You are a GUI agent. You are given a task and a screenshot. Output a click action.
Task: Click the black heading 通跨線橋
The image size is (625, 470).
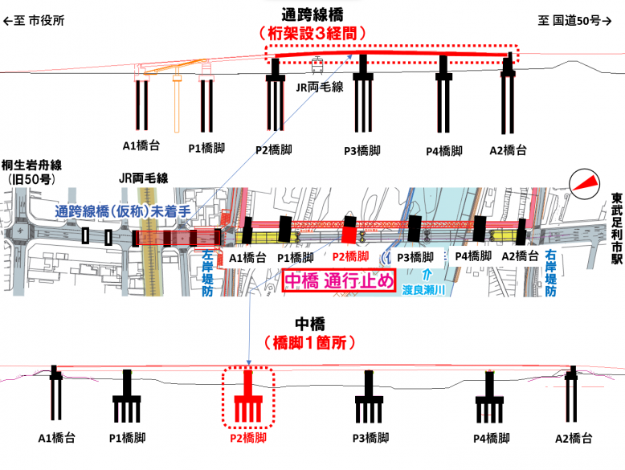pyautogui.click(x=312, y=14)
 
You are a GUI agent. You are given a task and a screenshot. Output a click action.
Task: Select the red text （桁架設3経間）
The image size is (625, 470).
pyautogui.click(x=312, y=34)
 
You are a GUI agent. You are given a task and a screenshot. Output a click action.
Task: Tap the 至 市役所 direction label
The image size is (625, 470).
pyautogui.click(x=34, y=20)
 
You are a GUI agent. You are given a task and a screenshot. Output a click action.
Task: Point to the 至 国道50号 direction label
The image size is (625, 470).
pyautogui.click(x=574, y=20)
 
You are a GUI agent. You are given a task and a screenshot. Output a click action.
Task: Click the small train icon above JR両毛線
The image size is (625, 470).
pyautogui.click(x=317, y=65)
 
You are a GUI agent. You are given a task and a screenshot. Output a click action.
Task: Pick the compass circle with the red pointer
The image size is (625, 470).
pyautogui.click(x=584, y=184)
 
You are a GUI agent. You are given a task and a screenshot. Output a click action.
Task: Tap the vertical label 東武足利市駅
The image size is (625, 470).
pyautogui.click(x=617, y=229)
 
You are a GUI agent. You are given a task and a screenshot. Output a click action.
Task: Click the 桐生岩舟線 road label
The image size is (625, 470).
pyautogui.click(x=31, y=166)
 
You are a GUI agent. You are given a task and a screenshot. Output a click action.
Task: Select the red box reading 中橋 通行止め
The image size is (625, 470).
pyautogui.click(x=339, y=281)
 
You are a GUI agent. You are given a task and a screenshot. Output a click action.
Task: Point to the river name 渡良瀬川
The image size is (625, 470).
pyautogui.click(x=423, y=290)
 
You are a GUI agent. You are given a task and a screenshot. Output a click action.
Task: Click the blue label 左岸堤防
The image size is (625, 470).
pyautogui.click(x=207, y=273)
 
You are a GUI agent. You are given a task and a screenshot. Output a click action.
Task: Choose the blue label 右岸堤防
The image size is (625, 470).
pyautogui.click(x=550, y=273)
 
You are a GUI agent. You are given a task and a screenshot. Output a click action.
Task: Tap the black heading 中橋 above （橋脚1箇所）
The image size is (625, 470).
pyautogui.click(x=310, y=324)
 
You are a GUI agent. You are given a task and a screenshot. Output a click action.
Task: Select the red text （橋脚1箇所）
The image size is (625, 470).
pyautogui.click(x=310, y=342)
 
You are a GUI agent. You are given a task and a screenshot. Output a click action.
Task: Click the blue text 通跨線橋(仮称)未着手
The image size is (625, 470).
pyautogui.click(x=123, y=211)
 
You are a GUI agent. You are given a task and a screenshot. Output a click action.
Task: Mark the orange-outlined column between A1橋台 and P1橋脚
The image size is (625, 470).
pyautogui.click(x=177, y=100)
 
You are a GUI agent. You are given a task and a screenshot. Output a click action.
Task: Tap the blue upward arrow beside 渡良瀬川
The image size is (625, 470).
pyautogui.click(x=427, y=275)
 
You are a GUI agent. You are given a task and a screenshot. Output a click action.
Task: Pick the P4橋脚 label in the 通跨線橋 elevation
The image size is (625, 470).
pyautogui.click(x=444, y=151)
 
